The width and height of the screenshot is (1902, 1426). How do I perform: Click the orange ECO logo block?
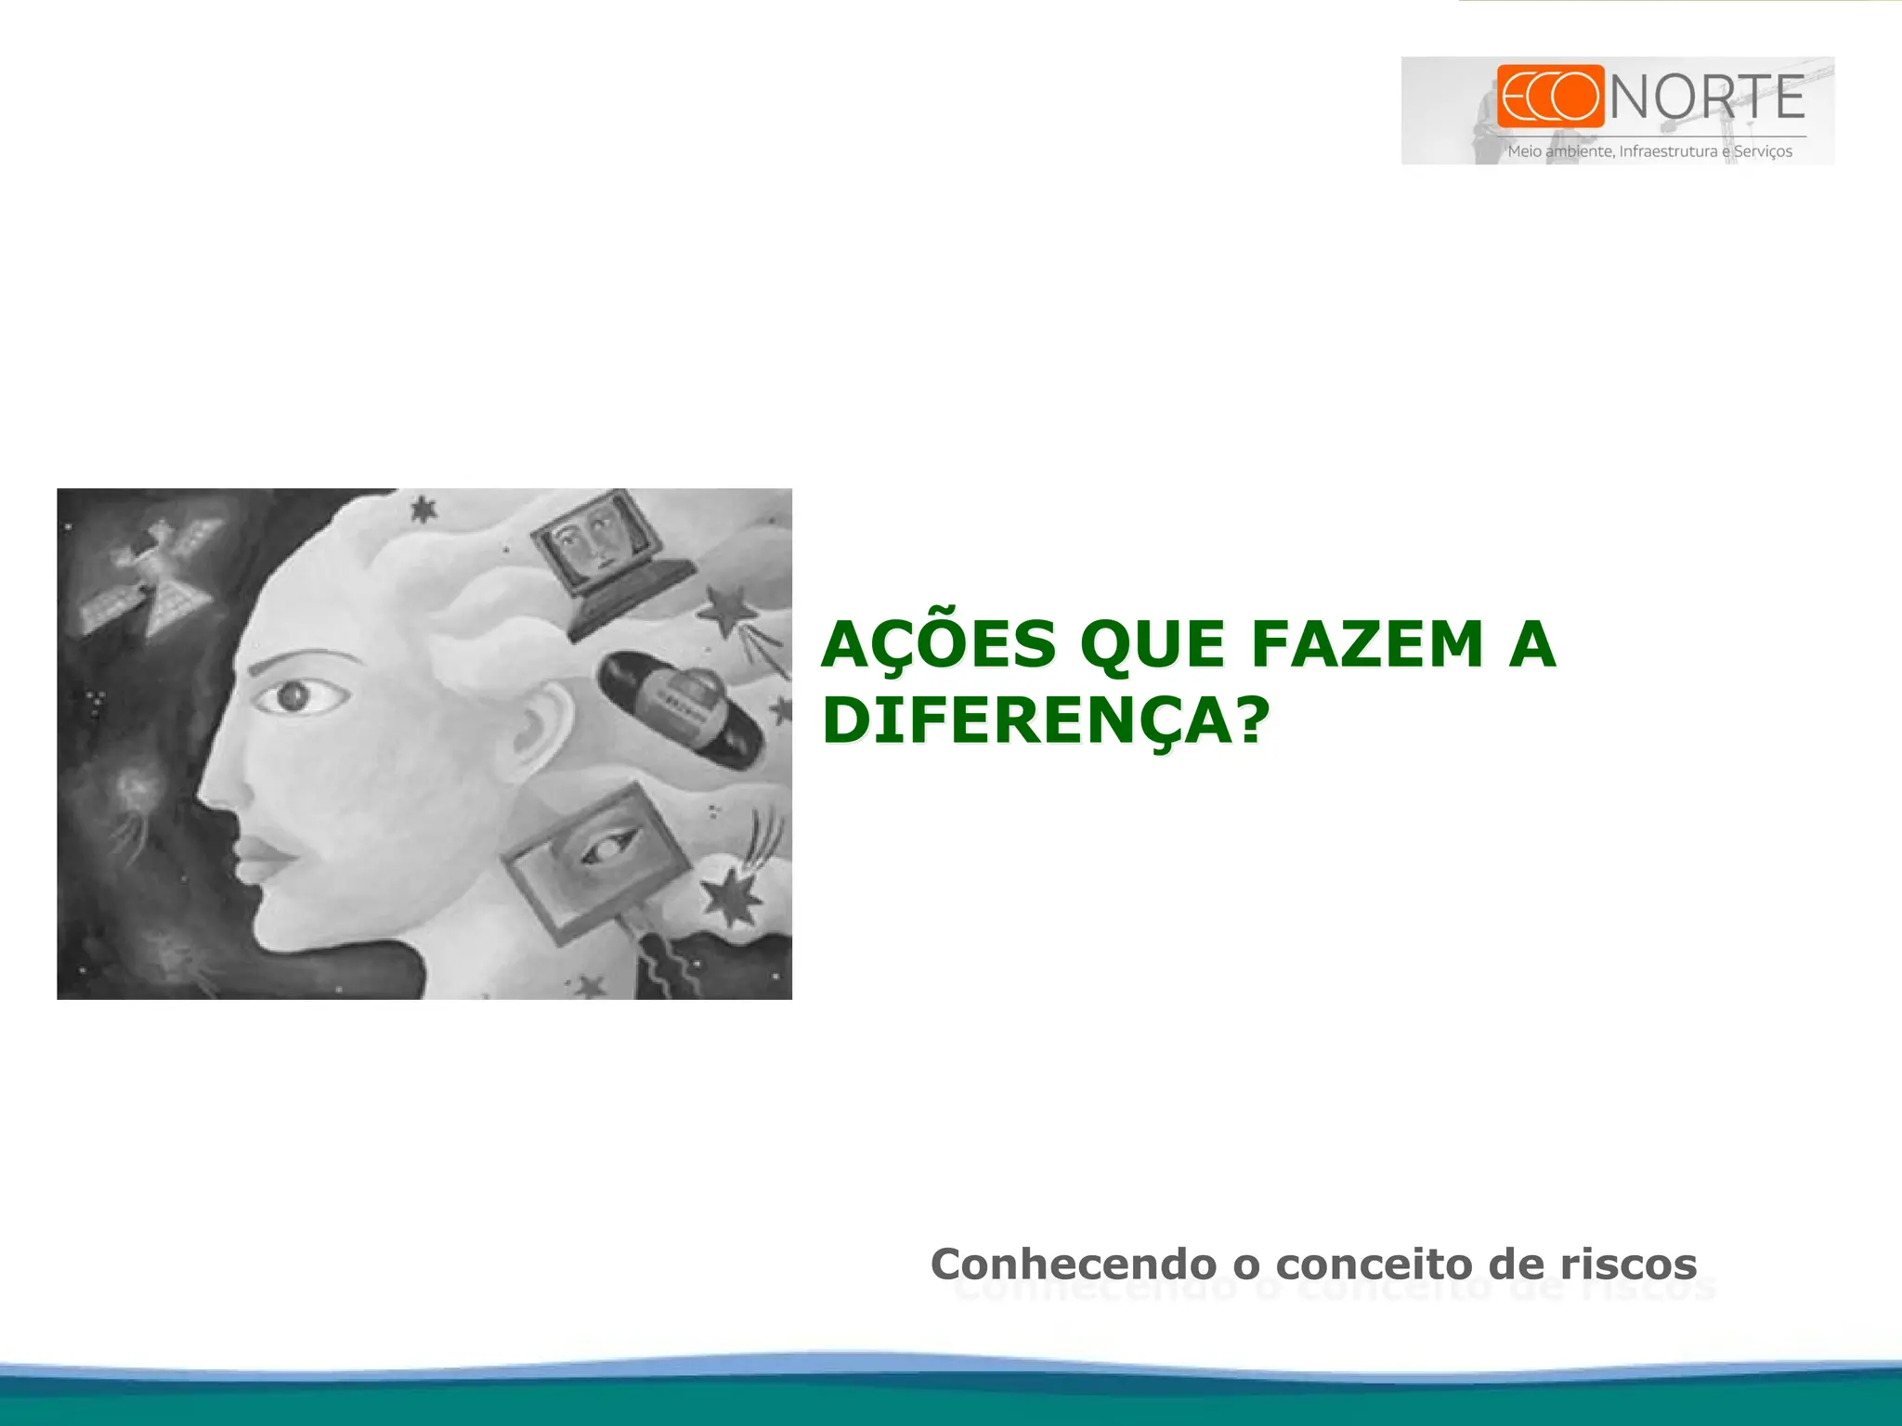click(1550, 96)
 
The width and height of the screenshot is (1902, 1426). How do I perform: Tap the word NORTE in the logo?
click(1707, 98)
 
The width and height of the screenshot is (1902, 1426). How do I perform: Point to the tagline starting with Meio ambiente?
click(1649, 151)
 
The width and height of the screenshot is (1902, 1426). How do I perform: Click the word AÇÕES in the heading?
click(939, 644)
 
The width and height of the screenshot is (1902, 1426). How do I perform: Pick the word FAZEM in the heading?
click(1366, 644)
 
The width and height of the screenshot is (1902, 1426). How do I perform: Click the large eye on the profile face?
click(295, 696)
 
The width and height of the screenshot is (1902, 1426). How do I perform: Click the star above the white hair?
click(423, 509)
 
